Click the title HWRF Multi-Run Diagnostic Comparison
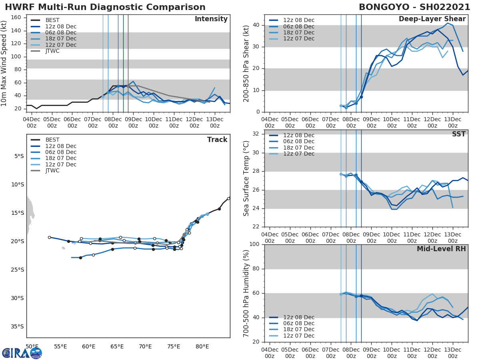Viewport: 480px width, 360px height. point(105,7)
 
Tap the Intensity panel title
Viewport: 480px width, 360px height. point(211,19)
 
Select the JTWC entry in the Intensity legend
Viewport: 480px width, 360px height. point(52,51)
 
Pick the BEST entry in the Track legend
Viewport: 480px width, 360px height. point(53,140)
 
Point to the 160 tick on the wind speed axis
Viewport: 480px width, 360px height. point(21,17)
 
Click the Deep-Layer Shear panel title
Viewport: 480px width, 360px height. point(432,19)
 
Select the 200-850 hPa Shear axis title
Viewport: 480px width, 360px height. point(246,63)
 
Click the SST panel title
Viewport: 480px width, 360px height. point(459,134)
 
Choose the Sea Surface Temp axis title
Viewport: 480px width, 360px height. point(246,178)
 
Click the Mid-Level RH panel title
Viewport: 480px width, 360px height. point(441,249)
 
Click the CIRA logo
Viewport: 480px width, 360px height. point(22,353)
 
